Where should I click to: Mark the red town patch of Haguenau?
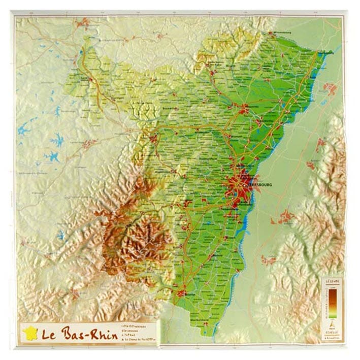pos(244,108)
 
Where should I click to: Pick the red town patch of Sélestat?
pos(182,293)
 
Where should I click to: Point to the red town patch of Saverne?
pos(153,138)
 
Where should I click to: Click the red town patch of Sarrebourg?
pos(89,144)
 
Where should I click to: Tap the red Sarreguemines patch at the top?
pos(84,22)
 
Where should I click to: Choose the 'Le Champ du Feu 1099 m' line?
pos(137,340)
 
